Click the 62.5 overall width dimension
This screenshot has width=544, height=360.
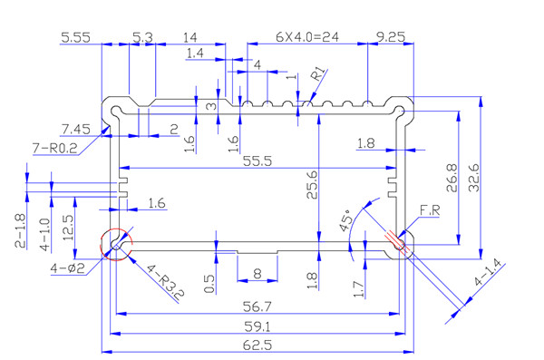(x=257, y=345)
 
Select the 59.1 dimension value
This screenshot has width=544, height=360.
(x=257, y=326)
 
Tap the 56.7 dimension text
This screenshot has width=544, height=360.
(x=257, y=306)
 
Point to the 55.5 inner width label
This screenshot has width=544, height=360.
(x=257, y=161)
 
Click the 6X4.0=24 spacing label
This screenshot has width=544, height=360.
(x=307, y=37)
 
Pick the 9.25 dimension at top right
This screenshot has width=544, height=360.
(x=391, y=37)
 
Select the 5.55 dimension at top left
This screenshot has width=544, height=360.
(x=75, y=37)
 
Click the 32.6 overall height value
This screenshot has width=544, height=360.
(x=473, y=178)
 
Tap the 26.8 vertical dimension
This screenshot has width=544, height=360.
(x=452, y=178)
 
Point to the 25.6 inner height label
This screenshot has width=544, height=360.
(x=312, y=184)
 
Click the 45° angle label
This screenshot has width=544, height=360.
(x=346, y=220)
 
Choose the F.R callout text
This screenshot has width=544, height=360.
(x=430, y=210)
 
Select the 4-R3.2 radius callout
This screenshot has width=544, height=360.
(x=165, y=282)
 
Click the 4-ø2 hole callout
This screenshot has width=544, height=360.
(x=68, y=268)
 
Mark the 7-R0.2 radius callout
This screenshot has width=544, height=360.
(x=54, y=148)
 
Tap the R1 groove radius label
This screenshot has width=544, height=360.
(x=319, y=74)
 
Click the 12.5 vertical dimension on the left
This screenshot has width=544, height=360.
(x=68, y=228)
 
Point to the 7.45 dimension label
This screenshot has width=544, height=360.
(x=76, y=129)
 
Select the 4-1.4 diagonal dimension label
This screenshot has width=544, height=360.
(x=488, y=273)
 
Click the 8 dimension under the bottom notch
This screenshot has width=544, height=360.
(x=257, y=274)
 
